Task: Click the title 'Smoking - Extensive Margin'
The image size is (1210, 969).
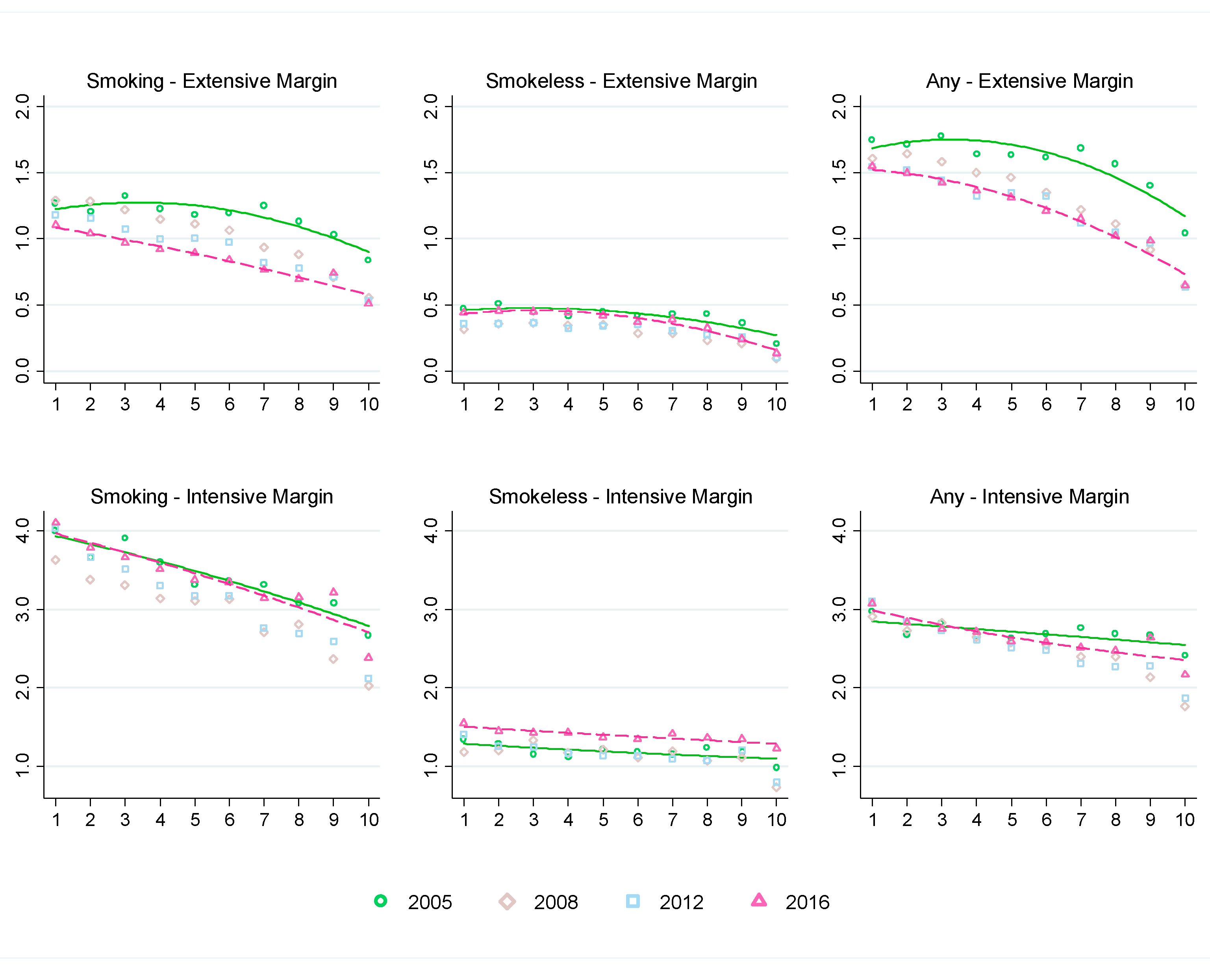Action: (x=211, y=82)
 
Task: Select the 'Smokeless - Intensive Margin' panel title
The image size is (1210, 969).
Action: (x=620, y=497)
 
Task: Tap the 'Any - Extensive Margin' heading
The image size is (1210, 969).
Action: (x=1029, y=82)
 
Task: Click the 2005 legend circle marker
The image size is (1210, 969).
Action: (x=380, y=901)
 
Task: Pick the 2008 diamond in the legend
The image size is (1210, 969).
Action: (x=507, y=902)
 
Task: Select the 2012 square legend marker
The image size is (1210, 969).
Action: (x=632, y=901)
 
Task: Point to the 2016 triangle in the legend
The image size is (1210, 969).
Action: (x=759, y=900)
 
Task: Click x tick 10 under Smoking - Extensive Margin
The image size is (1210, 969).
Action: (x=369, y=404)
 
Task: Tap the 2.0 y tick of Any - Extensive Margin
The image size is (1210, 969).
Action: (x=838, y=106)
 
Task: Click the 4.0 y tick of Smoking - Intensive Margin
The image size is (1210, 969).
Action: (x=22, y=531)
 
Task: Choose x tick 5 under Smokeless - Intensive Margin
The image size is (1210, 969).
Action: (x=603, y=820)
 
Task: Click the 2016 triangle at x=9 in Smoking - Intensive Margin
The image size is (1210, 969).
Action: (x=334, y=592)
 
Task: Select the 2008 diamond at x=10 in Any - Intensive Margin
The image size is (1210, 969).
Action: (x=1185, y=706)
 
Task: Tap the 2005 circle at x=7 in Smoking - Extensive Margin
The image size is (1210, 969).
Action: (x=263, y=206)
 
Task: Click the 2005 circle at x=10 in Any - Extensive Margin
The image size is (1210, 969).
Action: (x=1185, y=233)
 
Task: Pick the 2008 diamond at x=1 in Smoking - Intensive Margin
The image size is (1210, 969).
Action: (x=55, y=560)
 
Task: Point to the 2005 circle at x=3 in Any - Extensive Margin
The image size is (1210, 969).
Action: (x=941, y=136)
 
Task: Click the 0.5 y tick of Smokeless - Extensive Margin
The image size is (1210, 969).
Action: (x=430, y=305)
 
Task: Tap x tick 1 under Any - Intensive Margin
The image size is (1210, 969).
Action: (x=872, y=820)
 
